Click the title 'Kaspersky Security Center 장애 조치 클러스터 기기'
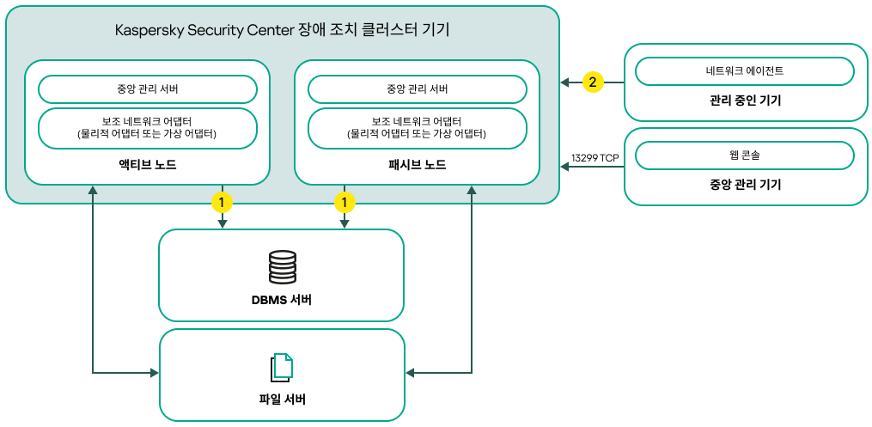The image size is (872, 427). [x=283, y=30]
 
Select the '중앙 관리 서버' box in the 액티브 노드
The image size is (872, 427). [x=148, y=89]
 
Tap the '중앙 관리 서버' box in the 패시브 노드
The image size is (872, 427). [x=417, y=89]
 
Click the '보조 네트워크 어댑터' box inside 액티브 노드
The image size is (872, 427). [x=148, y=128]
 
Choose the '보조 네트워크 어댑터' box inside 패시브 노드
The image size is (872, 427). [x=417, y=128]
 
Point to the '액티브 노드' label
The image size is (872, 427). [x=148, y=165]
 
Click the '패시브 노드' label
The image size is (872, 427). [x=417, y=165]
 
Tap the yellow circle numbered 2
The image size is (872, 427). [x=593, y=82]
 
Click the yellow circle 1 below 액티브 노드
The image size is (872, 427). [x=223, y=203]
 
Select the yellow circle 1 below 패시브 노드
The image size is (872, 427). [x=345, y=203]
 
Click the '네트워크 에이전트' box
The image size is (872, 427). [x=744, y=71]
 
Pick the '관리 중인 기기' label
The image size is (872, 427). [x=745, y=101]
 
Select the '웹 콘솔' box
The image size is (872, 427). [x=744, y=156]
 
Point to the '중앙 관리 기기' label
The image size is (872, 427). [x=745, y=185]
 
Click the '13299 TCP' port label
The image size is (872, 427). [x=595, y=158]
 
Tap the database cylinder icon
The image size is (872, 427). [x=282, y=267]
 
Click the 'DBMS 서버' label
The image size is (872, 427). [x=282, y=301]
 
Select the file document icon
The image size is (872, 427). [x=282, y=367]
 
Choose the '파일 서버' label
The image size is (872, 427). [x=282, y=400]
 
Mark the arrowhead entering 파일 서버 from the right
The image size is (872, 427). [x=411, y=373]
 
